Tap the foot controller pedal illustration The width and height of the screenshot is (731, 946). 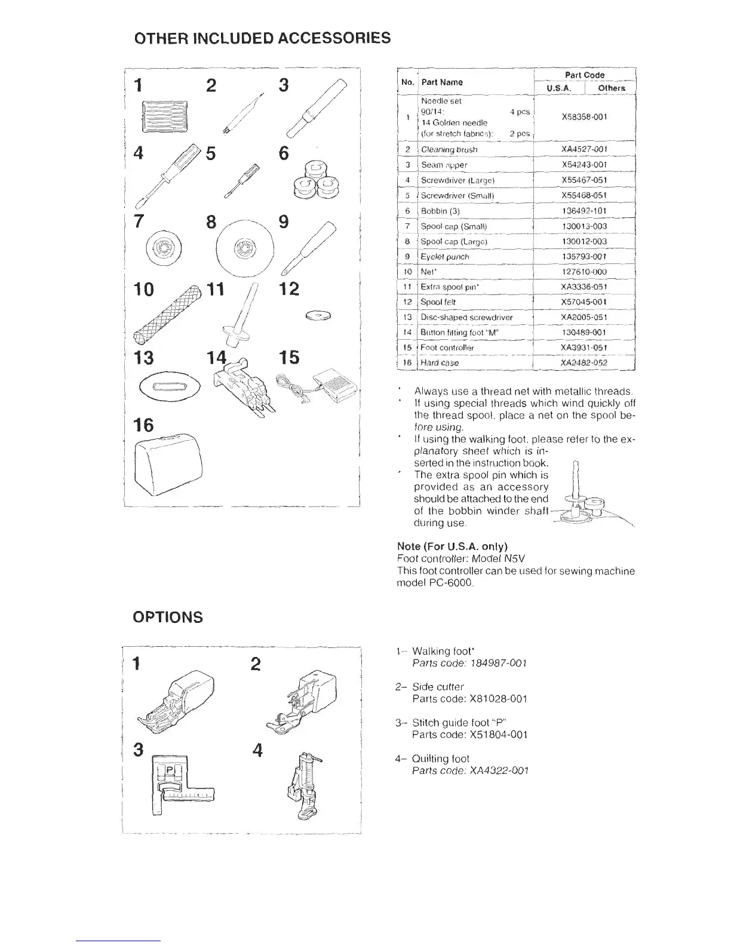328,381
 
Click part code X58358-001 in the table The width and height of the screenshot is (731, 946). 584,117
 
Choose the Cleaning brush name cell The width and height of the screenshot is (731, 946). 449,149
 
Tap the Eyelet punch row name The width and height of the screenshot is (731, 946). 445,257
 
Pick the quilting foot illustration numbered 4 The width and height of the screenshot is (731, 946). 303,785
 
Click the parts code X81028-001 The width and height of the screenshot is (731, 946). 470,699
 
